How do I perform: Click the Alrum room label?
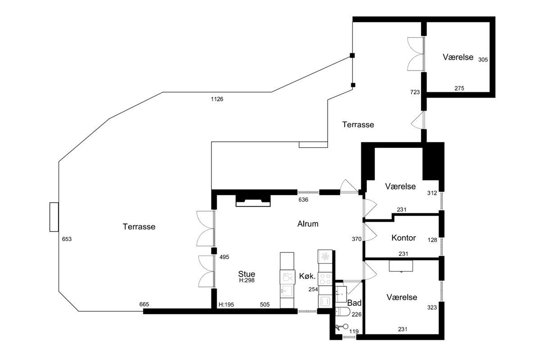[x=308, y=224]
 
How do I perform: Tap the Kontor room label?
[x=404, y=238]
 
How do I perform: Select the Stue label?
[x=247, y=274]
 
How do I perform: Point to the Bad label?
[x=355, y=303]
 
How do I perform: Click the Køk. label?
[x=307, y=276]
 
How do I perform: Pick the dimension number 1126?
[x=217, y=99]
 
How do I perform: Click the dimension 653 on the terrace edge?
[x=67, y=239]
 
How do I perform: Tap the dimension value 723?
[x=415, y=92]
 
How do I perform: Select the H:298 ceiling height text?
[x=247, y=280]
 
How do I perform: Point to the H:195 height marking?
[x=226, y=305]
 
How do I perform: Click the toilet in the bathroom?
[x=343, y=312]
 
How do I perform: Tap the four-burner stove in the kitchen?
[x=325, y=279]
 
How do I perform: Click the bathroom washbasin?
[x=341, y=294]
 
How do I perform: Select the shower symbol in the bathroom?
[x=342, y=327]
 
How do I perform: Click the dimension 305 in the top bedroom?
[x=483, y=60]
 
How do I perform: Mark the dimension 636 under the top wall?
[x=303, y=200]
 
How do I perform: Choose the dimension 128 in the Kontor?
[x=432, y=240]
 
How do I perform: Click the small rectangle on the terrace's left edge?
[x=54, y=217]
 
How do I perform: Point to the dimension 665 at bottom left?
[x=144, y=304]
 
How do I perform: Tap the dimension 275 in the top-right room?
[x=459, y=89]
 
